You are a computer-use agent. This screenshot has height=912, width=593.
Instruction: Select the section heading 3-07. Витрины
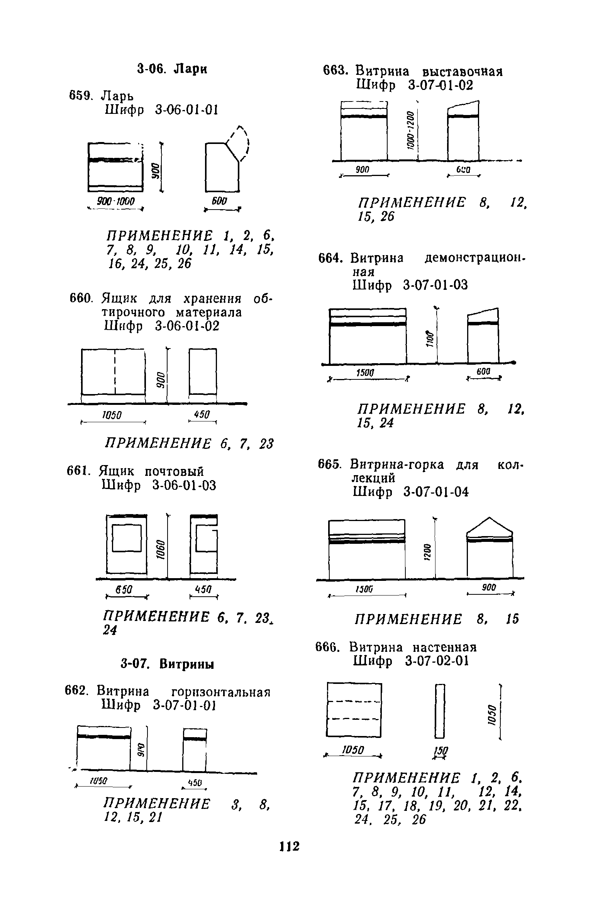(x=168, y=664)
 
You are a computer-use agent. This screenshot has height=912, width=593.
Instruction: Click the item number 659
(x=80, y=95)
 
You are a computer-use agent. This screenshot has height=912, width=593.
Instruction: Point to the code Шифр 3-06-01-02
(x=161, y=326)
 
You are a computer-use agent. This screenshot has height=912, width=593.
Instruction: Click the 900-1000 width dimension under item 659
(x=115, y=201)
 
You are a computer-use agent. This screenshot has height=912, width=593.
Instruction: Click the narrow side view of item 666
(x=440, y=711)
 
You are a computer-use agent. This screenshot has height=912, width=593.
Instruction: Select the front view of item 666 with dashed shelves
(x=354, y=710)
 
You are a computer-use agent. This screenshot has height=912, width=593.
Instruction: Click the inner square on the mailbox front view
(x=127, y=537)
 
